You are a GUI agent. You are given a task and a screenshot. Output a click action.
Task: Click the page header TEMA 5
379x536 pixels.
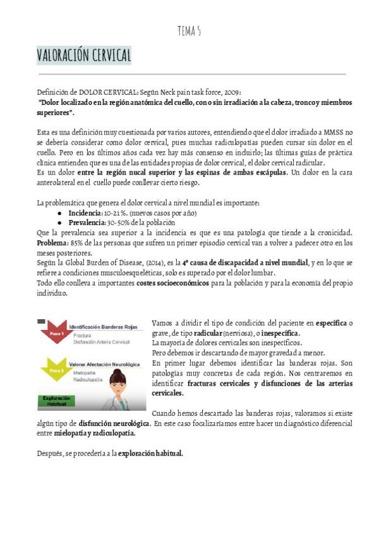click(189, 31)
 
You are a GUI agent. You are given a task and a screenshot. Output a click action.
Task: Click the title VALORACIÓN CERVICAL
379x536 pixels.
click(84, 56)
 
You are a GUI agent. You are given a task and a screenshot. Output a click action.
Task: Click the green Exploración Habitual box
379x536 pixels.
click(57, 401)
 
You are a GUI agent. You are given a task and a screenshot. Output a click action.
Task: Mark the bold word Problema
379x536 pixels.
click(54, 243)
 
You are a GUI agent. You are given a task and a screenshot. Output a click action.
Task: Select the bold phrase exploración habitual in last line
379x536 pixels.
click(150, 453)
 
